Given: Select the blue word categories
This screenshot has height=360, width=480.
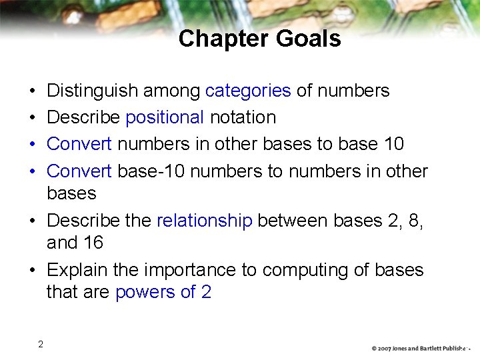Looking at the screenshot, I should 248,90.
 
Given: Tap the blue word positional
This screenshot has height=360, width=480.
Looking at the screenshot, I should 165,117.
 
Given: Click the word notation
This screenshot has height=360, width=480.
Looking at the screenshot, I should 243,117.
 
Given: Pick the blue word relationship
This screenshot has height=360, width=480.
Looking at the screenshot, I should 204,221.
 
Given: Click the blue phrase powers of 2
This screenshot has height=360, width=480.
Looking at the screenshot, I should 163,292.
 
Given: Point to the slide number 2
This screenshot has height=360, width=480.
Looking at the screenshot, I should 41,344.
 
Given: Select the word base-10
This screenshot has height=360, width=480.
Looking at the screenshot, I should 152,171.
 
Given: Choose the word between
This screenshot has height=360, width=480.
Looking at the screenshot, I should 291,221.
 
